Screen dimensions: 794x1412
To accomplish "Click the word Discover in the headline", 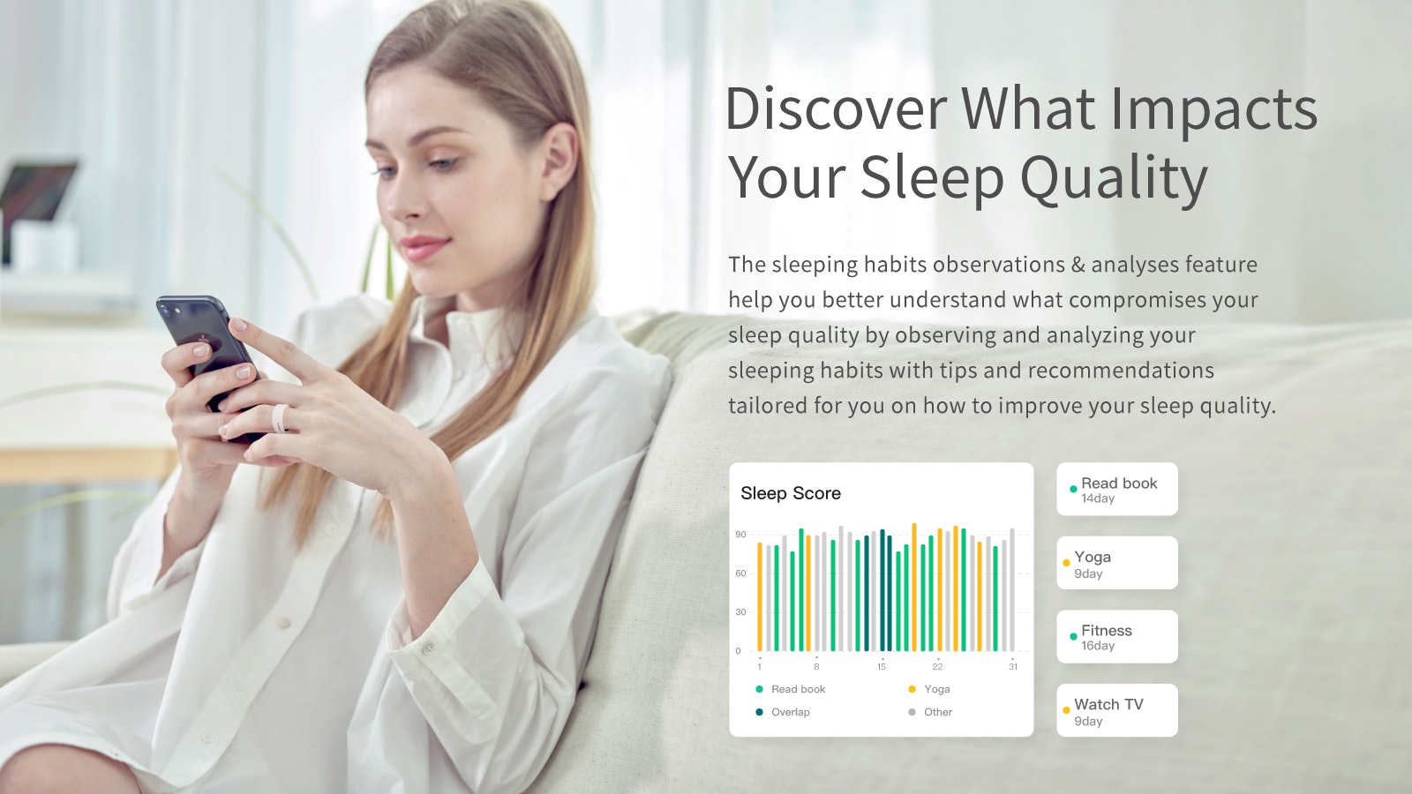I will point(835,109).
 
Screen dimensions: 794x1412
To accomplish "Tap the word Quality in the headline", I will point(1114,178).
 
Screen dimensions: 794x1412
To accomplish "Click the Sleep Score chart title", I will point(791,493).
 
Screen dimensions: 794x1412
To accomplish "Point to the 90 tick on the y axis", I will point(740,535).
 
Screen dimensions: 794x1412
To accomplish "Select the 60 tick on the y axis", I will point(740,573).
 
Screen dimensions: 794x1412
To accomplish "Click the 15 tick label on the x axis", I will point(881,667).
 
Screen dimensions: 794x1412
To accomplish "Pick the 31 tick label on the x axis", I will point(1013,667).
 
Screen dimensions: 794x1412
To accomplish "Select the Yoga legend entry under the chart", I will point(936,689).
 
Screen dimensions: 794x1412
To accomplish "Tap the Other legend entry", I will point(937,712).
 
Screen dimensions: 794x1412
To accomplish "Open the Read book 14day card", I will point(1117,489).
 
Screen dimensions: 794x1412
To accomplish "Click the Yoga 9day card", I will point(1117,563).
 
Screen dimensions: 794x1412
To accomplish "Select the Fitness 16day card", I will point(1117,636).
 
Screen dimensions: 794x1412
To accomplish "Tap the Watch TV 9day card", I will point(1117,710).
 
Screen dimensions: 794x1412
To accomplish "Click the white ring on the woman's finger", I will point(279,417).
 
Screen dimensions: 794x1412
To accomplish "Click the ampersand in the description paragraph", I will point(1078,265).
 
